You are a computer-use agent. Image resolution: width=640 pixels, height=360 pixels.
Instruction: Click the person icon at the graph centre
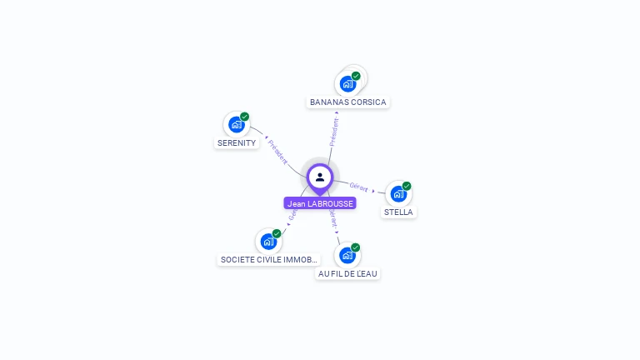click(x=320, y=177)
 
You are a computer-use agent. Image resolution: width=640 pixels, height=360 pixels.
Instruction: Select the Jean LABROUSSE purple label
click(x=320, y=203)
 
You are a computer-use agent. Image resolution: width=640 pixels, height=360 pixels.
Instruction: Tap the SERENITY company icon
click(x=236, y=125)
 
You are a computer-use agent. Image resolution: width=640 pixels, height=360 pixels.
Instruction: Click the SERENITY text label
click(x=237, y=143)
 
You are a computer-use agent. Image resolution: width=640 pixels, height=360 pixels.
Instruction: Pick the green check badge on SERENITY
click(x=245, y=117)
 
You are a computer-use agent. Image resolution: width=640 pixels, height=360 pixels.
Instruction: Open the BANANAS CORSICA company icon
click(x=347, y=84)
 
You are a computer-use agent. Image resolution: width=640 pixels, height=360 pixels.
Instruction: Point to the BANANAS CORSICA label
click(x=348, y=102)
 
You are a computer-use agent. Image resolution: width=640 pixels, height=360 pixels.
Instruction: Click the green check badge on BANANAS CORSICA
click(x=357, y=76)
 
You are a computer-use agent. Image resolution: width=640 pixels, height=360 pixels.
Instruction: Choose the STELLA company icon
click(x=398, y=194)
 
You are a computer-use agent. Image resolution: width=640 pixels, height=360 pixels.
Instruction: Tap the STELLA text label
click(x=398, y=212)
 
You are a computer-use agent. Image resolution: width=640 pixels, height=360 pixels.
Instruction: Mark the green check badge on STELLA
click(x=407, y=186)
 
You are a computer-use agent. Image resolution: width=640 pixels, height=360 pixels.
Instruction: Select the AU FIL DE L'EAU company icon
click(x=347, y=255)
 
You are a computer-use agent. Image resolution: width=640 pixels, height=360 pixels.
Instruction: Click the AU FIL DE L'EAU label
click(x=348, y=273)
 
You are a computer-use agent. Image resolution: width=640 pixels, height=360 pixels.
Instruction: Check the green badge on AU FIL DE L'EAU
click(x=356, y=247)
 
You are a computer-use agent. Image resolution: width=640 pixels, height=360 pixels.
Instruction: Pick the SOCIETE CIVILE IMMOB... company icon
click(x=268, y=242)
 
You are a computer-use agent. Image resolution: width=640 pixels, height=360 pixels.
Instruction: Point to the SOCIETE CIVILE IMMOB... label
click(x=268, y=260)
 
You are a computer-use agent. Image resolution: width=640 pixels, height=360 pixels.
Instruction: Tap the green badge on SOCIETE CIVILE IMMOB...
click(x=277, y=233)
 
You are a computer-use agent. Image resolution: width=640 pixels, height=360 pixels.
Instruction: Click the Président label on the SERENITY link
click(x=277, y=151)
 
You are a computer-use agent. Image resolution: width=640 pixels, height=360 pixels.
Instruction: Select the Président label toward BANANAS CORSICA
click(x=334, y=132)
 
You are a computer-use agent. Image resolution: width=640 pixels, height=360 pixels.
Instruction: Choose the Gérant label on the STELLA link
click(x=359, y=187)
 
